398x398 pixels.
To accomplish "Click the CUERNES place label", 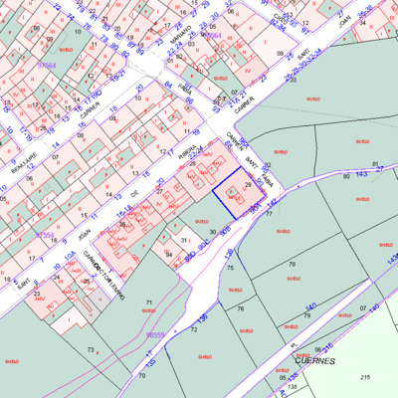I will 314,360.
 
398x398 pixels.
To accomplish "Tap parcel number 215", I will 365,378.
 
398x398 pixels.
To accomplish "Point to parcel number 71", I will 149,301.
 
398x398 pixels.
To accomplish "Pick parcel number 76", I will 240,309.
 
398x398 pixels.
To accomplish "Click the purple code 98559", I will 156,336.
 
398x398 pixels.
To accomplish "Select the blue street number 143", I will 362,173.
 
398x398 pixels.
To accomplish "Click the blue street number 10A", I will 70,258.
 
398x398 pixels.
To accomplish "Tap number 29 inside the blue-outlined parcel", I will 248,186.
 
